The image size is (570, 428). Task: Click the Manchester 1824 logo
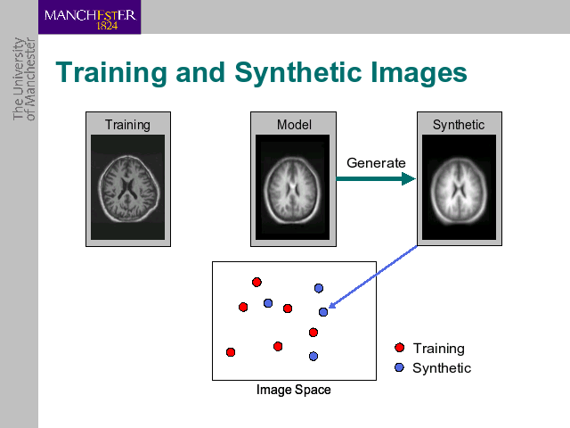tap(89, 17)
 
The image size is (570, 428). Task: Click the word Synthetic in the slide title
tap(297, 73)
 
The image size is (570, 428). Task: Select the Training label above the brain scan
tap(127, 125)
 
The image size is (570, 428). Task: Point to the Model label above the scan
tap(294, 125)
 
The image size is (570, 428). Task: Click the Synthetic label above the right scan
tap(459, 125)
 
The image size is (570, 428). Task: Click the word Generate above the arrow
tap(376, 163)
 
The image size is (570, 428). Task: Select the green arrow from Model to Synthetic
tap(376, 178)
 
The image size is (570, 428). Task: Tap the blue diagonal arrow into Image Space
tap(373, 276)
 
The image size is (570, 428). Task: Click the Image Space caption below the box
tap(294, 390)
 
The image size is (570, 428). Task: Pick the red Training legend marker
tap(400, 348)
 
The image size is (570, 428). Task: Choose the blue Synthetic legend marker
tap(399, 367)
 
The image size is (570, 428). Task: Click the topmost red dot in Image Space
tap(256, 282)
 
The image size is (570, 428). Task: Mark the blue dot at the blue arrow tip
tap(323, 312)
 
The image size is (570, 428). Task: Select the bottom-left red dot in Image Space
tap(231, 352)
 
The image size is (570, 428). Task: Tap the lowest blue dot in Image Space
tap(313, 356)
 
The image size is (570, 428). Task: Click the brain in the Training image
tap(128, 189)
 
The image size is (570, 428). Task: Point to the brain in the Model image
tap(292, 190)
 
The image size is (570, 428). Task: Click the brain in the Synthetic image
tap(459, 191)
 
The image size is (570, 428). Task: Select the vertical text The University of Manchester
tap(24, 79)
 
